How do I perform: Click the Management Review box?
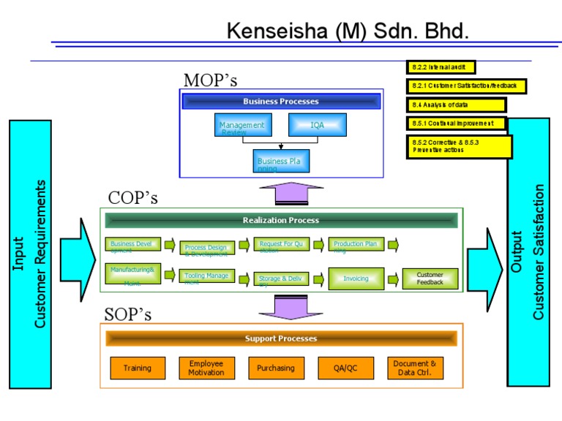click(241, 125)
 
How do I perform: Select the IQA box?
click(317, 125)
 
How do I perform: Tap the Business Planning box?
click(281, 162)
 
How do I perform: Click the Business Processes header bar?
click(281, 102)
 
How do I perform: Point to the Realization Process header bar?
click(281, 220)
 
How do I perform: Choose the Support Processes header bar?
click(281, 338)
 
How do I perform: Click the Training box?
click(138, 368)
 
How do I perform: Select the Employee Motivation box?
click(206, 368)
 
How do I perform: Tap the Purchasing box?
click(276, 368)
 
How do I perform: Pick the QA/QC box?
click(345, 368)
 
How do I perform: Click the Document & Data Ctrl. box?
click(415, 368)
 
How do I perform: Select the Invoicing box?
click(356, 278)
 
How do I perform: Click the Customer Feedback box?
click(430, 278)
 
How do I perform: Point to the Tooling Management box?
click(207, 276)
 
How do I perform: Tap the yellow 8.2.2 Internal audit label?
click(441, 67)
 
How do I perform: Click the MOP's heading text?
click(210, 80)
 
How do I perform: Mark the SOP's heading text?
click(128, 315)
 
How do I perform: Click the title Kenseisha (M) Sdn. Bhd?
click(348, 31)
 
